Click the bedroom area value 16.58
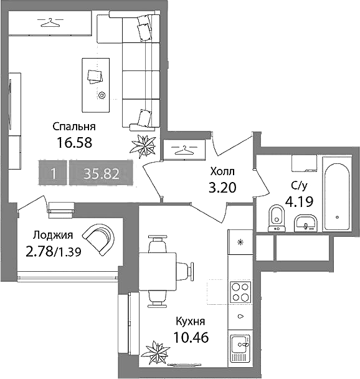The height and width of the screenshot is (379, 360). pos(74,143)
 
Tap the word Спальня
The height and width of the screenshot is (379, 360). pos(74,127)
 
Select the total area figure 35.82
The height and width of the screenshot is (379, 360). pos(101,173)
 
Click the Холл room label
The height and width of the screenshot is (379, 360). pos(222,171)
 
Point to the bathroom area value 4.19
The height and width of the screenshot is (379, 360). pos(300,201)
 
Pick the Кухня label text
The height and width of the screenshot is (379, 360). pos(191,322)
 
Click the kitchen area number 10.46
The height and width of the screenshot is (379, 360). pos(191,337)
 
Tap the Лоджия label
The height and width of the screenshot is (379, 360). pos(53,235)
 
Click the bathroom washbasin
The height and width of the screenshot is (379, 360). pos(305,223)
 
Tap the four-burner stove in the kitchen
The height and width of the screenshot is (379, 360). pos(240,292)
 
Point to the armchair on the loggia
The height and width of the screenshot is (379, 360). pos(98,239)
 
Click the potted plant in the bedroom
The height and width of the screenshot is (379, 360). pos(143,146)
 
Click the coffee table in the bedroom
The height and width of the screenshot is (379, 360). pos(96,85)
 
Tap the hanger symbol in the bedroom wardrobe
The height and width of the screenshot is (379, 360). pos(50,22)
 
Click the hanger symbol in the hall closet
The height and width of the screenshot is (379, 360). pos(184,150)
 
